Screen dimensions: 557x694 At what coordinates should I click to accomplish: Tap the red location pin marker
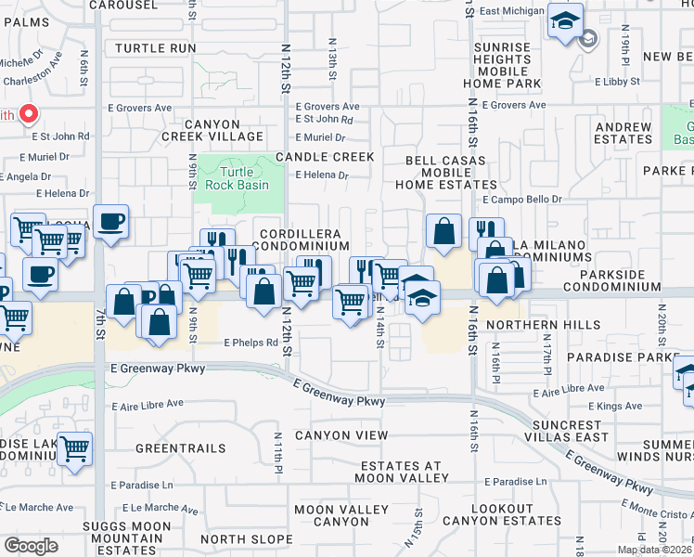[29, 115]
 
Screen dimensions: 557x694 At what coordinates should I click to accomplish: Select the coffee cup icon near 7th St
[110, 222]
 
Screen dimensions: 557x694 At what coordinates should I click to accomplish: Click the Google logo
[31, 546]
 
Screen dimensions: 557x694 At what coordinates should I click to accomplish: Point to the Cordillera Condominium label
[303, 240]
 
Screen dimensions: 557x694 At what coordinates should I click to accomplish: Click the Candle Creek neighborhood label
[324, 157]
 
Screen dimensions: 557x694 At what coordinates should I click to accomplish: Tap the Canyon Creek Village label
[226, 130]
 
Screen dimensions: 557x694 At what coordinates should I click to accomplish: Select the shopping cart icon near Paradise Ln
[75, 448]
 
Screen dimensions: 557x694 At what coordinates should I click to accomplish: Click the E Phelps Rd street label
[251, 343]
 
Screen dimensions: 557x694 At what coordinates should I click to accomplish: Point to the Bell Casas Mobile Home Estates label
[451, 173]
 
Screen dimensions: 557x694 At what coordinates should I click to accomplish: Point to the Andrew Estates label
[623, 133]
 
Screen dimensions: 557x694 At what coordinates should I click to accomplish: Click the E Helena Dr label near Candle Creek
[321, 175]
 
